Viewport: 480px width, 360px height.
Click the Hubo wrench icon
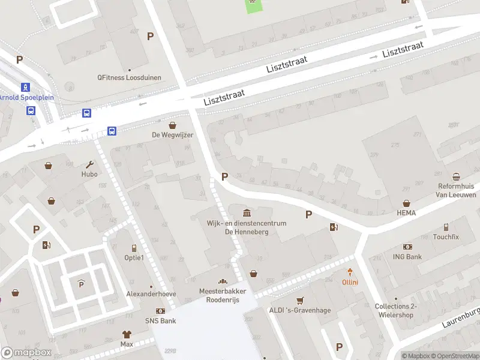pos(90,164)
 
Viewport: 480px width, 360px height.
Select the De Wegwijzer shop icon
pos(173,125)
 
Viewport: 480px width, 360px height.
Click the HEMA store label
pos(406,213)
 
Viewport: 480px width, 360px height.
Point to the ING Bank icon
pos(408,247)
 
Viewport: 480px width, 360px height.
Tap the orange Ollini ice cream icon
pos(350,272)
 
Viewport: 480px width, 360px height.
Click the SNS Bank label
pos(160,321)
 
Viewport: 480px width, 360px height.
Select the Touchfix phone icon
pos(446,227)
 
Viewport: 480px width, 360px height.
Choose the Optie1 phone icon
pos(134,248)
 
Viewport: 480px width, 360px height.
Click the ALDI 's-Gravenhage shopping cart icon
pos(300,301)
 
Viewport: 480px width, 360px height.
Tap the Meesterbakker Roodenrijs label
pos(223,295)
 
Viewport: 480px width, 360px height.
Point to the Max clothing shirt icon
pos(127,334)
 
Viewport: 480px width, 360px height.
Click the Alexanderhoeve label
pos(151,294)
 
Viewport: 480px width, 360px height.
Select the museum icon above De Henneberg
pos(247,213)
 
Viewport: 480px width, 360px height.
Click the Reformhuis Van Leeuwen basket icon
pos(457,176)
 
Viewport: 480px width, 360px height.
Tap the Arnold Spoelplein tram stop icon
pos(25,87)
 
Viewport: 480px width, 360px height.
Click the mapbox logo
pos(25,353)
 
